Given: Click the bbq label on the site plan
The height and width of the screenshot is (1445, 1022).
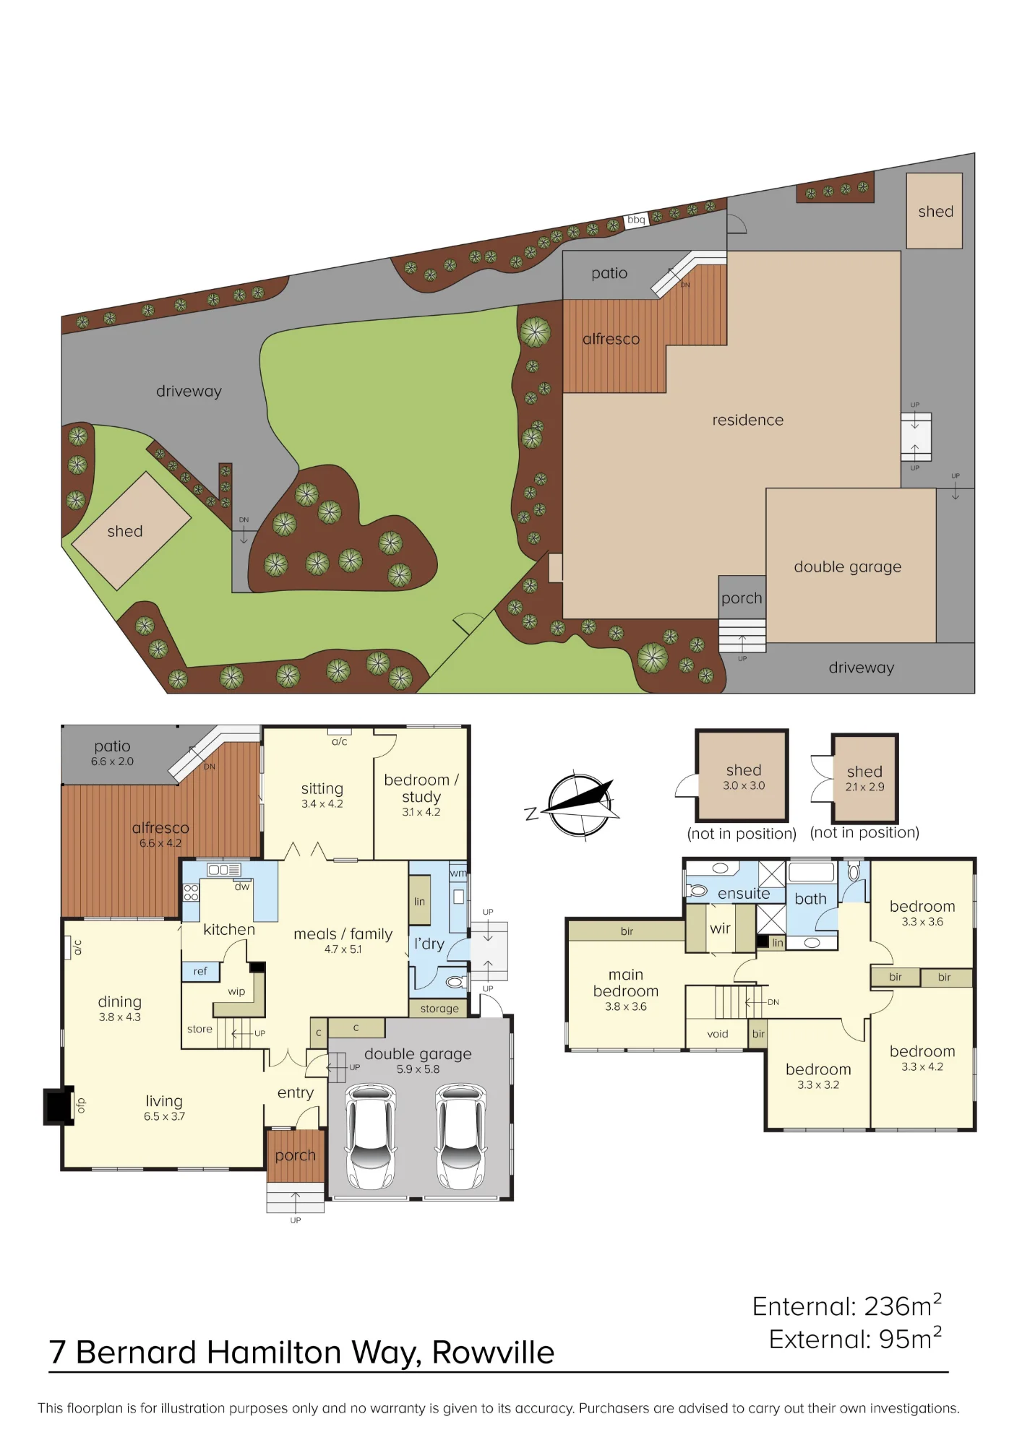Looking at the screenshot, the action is tap(636, 220).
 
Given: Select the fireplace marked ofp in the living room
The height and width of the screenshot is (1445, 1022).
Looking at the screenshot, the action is tap(59, 1106).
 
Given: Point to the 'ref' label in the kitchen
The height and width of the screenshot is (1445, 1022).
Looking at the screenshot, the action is tap(200, 972).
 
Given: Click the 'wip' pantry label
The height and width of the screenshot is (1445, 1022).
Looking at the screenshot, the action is tap(236, 992).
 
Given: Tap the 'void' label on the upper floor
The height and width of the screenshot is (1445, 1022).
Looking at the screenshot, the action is tap(718, 1034).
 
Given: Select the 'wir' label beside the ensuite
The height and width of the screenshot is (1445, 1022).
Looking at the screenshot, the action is tap(720, 928).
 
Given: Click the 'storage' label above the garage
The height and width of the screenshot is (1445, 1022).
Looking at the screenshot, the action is tap(439, 1009).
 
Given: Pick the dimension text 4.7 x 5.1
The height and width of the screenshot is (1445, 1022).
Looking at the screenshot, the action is tap(343, 949).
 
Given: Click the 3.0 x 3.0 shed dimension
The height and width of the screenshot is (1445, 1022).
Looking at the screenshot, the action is tap(744, 785).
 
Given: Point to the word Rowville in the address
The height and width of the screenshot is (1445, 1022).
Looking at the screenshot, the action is tap(493, 1353).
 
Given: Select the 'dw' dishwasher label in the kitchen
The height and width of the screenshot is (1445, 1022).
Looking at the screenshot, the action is tap(241, 887).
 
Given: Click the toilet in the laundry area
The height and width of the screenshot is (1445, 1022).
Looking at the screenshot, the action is tap(455, 982).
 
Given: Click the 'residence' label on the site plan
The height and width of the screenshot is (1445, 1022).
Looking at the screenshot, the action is tap(747, 420).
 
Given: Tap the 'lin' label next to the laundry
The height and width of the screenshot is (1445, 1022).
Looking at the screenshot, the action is tap(419, 902).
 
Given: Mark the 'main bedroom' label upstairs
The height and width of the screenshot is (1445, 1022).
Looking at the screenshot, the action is tap(626, 983).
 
